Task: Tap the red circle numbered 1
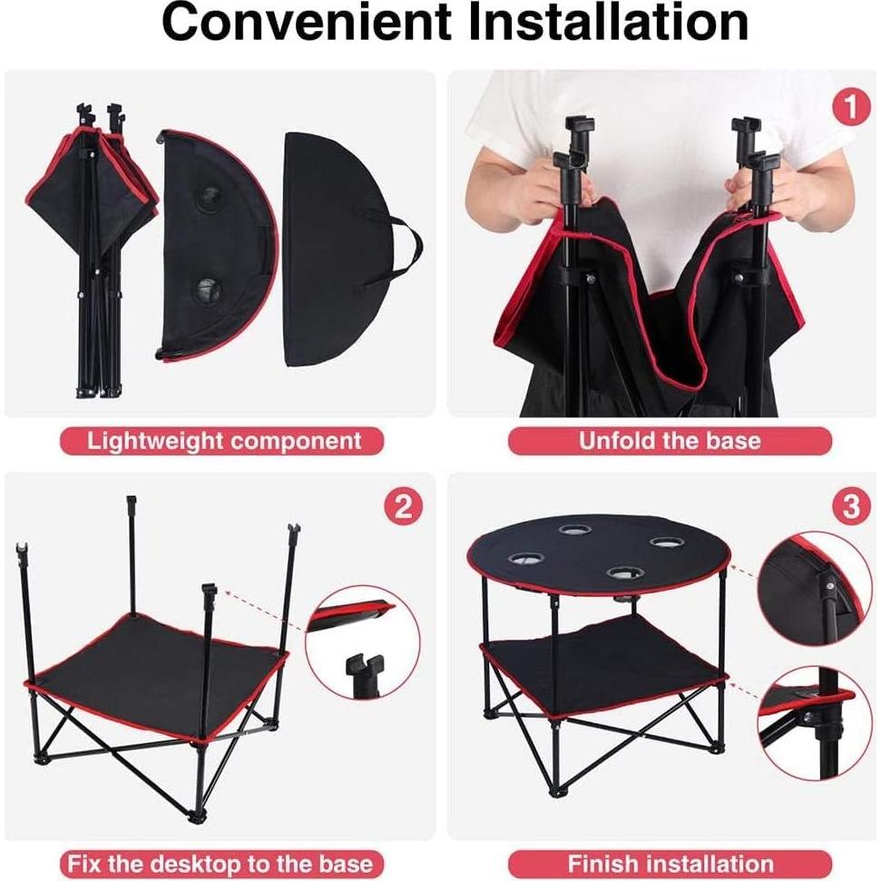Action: coord(850,108)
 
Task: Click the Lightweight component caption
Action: coord(223,442)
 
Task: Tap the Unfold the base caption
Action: coord(670,442)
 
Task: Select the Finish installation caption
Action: coord(670,862)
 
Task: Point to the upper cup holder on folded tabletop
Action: coord(210,197)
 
